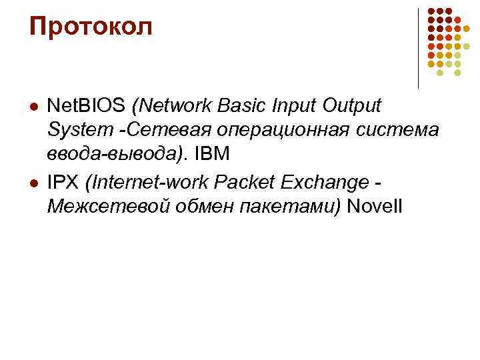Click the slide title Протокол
(x=91, y=27)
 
